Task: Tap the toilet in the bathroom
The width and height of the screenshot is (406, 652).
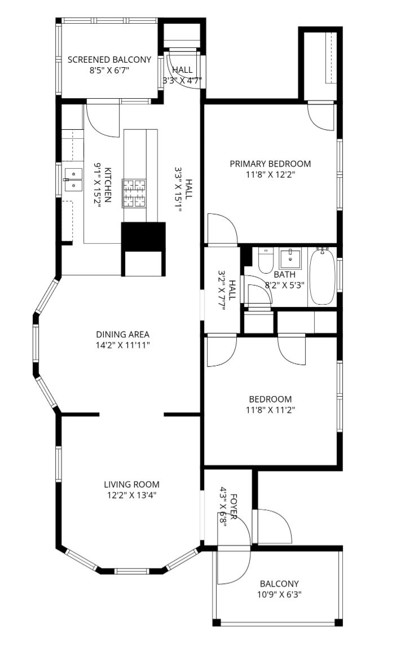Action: [x=266, y=260]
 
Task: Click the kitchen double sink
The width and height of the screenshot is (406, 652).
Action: [x=73, y=179]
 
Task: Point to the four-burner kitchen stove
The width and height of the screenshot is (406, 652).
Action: [x=134, y=193]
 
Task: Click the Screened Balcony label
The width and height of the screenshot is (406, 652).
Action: [x=109, y=60]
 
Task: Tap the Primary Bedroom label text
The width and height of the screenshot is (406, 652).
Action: [x=270, y=164]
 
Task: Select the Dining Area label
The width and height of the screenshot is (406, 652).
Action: [x=122, y=334]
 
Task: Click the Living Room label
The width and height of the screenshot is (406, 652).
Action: [x=132, y=484]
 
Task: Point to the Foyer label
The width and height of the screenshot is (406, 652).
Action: [x=233, y=506]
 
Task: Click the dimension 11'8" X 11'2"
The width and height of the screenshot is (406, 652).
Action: [x=271, y=410]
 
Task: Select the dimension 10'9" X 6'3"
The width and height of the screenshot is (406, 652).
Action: [x=279, y=594]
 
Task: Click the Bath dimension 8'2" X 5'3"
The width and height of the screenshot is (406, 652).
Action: [x=285, y=286]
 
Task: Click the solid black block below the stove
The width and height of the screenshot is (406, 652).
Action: [x=143, y=237]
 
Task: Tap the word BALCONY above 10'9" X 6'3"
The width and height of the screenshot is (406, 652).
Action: [x=279, y=584]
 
